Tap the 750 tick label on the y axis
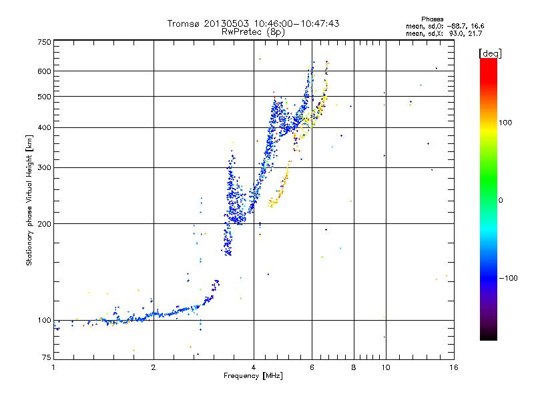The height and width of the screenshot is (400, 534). [44, 41]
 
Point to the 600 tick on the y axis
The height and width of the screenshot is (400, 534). [44, 71]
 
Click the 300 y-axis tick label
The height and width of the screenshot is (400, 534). [44, 167]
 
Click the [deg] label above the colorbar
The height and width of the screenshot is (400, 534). [490, 53]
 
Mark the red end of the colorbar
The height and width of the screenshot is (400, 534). [488, 61]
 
